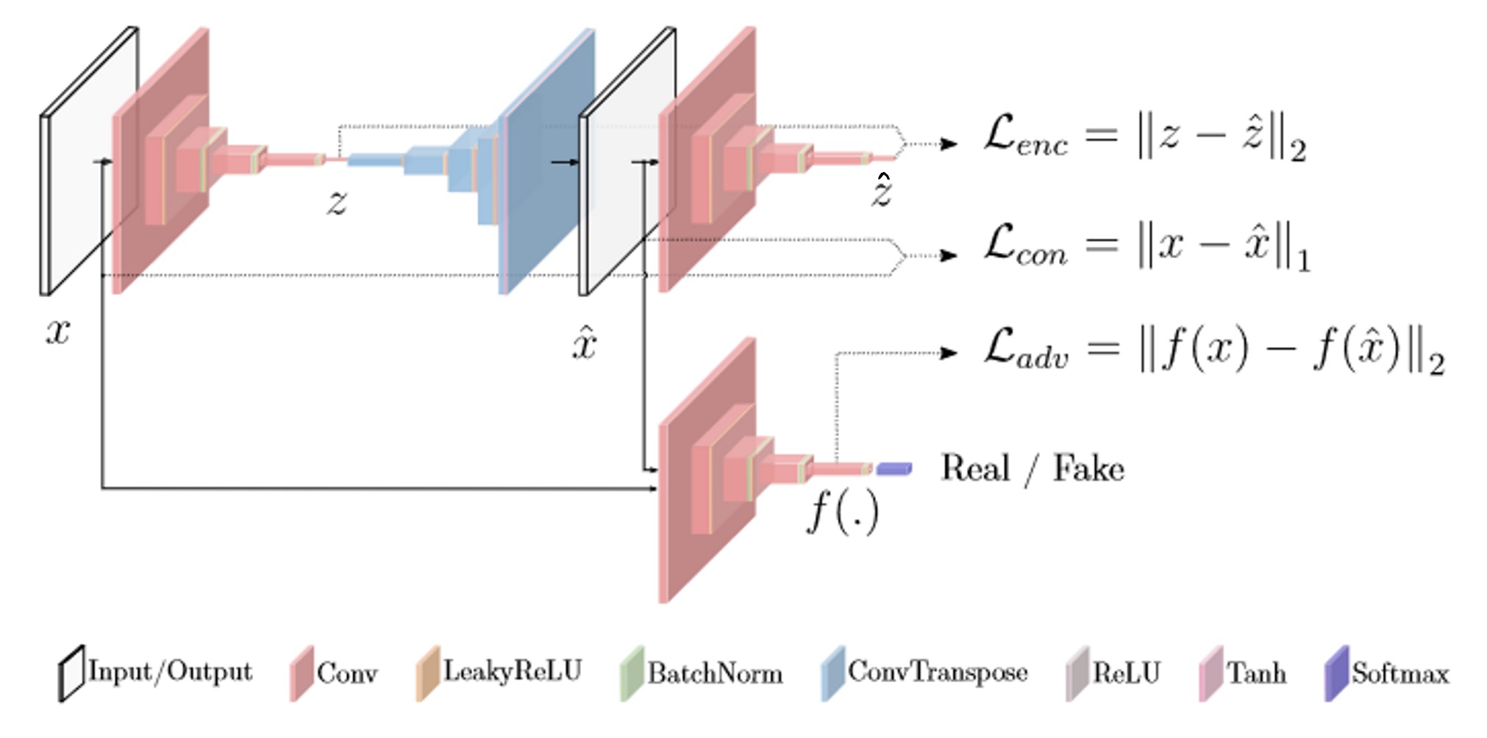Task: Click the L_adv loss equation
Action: (x=1214, y=351)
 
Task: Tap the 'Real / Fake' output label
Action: (x=1033, y=468)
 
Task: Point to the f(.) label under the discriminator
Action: (x=843, y=510)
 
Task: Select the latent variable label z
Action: (x=337, y=201)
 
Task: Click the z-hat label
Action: (x=882, y=190)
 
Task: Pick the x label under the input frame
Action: (x=57, y=332)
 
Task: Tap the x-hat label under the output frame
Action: (x=585, y=341)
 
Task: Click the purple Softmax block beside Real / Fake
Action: (x=894, y=468)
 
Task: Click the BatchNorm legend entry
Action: (x=702, y=673)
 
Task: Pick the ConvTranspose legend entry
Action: (x=924, y=673)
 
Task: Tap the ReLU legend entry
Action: (x=1113, y=673)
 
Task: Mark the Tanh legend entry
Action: (x=1243, y=673)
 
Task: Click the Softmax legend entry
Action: (x=1387, y=673)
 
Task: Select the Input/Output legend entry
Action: (x=155, y=673)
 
